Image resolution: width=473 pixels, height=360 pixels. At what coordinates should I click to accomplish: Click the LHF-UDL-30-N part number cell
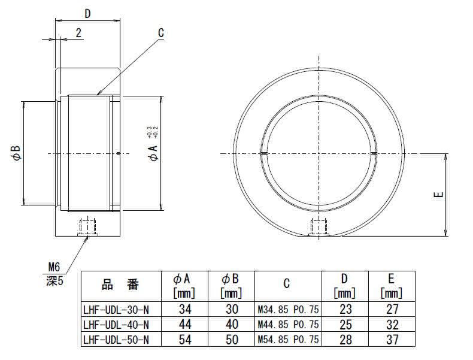116,309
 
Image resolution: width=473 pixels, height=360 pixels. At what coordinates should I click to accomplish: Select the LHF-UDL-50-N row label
116,340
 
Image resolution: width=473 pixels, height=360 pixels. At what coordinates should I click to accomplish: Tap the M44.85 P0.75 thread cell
288,325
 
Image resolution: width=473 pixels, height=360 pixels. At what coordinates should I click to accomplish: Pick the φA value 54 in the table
185,340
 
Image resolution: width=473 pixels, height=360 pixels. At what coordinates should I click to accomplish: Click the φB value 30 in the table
232,309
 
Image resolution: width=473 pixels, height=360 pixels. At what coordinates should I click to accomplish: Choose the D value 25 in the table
345,325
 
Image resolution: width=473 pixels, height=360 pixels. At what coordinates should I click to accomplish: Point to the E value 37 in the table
392,340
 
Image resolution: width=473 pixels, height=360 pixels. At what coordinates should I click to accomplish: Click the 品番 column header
120,285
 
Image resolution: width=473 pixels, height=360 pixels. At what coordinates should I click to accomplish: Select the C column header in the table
287,283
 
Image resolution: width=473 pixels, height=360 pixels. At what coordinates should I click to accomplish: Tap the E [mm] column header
392,286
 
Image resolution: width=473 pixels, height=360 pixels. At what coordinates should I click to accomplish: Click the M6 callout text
54,267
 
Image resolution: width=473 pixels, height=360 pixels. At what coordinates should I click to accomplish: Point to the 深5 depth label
55,281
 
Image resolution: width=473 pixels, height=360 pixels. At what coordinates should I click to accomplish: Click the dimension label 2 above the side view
78,33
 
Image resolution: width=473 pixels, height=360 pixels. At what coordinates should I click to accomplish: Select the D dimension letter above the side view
87,14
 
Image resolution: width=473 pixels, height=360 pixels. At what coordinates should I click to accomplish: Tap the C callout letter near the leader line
161,33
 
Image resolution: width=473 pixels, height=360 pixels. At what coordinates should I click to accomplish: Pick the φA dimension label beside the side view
153,153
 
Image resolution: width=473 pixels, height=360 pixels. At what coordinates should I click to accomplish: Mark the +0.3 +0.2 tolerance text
153,132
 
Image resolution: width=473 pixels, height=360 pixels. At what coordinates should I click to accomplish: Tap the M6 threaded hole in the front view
319,227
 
